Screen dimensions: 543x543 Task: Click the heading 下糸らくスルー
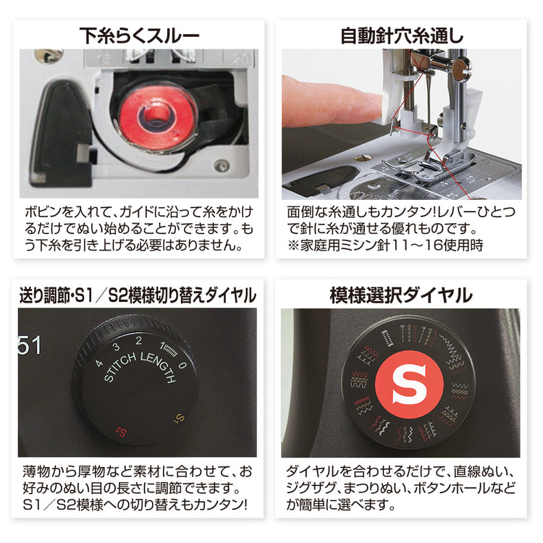click(x=139, y=35)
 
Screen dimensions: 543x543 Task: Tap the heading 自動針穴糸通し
click(x=402, y=35)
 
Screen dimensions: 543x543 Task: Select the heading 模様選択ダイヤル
click(x=401, y=295)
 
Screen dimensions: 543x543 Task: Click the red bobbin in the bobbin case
click(x=159, y=115)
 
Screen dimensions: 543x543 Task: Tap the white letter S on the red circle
click(x=409, y=384)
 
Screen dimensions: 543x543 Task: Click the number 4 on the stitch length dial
click(x=99, y=363)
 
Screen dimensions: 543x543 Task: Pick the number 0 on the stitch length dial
click(x=183, y=365)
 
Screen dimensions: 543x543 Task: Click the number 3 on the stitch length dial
click(x=117, y=347)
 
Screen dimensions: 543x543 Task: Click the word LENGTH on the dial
click(x=159, y=367)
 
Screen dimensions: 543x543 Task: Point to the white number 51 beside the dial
click(x=30, y=345)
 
